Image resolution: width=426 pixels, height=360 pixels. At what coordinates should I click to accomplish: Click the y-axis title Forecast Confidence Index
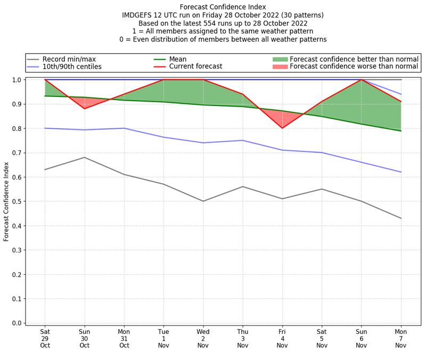[x=6, y=201]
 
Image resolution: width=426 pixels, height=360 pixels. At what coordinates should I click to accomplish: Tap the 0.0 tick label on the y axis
[x=16, y=323]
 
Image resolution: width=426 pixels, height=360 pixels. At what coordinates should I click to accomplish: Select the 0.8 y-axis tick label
[x=16, y=128]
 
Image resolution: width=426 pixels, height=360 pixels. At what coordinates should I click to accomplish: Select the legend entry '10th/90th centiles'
[x=72, y=67]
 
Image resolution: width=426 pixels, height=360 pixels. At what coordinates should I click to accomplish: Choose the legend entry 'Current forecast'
[x=195, y=67]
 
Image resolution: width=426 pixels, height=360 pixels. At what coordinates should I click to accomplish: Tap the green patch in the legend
[x=280, y=59]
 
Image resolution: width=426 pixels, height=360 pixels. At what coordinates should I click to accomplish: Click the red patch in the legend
[x=280, y=67]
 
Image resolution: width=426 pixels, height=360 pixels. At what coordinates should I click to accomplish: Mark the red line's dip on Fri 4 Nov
[x=282, y=128]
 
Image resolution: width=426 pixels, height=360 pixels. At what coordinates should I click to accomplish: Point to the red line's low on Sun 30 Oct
[x=84, y=109]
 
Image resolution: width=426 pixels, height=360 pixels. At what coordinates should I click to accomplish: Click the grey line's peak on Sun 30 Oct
[x=84, y=157]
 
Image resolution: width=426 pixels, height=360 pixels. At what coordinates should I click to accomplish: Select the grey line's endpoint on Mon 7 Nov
[x=401, y=218]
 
